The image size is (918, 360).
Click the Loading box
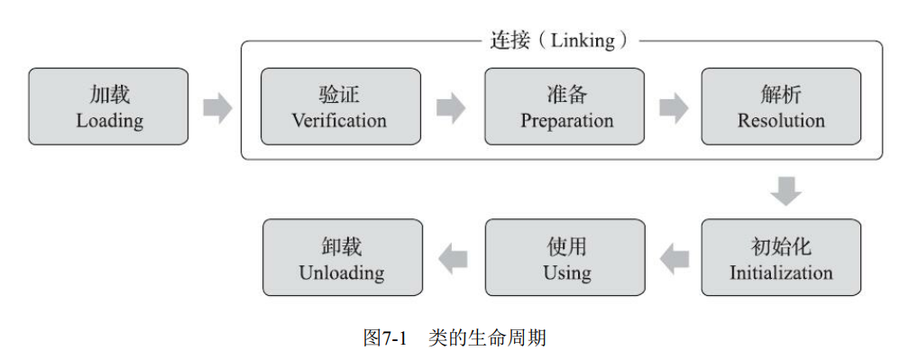coord(109,106)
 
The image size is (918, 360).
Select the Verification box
coord(340,106)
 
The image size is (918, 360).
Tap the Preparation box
coord(565,106)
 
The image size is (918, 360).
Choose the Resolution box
coord(780,106)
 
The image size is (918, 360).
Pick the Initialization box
coord(780,258)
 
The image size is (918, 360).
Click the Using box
coord(565,258)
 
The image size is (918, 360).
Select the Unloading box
coord(342,258)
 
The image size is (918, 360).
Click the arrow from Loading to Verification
coord(216,107)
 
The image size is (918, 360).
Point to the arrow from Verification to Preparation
coord(451,107)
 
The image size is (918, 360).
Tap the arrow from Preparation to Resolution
coord(673,107)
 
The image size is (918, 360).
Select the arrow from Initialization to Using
coord(675,260)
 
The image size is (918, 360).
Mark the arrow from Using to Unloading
coord(453,260)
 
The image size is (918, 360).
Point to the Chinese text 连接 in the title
coord(509,41)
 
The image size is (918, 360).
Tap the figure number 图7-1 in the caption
coord(385,338)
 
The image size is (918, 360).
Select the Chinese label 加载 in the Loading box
coord(109,95)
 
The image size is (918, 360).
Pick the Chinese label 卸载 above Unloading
coord(342,246)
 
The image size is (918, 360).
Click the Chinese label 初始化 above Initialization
coord(781,246)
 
